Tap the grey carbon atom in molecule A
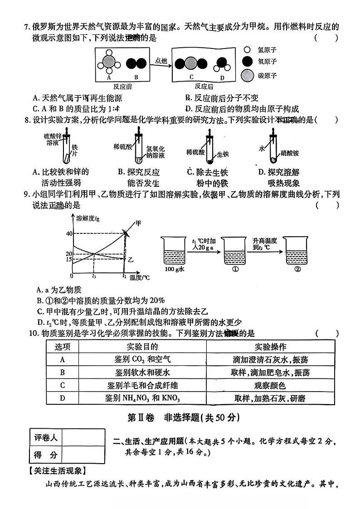tap(109, 62)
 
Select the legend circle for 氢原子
tap(247, 51)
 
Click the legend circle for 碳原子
tap(247, 76)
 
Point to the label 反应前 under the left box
tap(122, 86)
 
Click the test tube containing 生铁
tap(209, 150)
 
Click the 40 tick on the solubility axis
tap(69, 233)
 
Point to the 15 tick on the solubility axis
tap(69, 260)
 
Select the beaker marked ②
tap(297, 252)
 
